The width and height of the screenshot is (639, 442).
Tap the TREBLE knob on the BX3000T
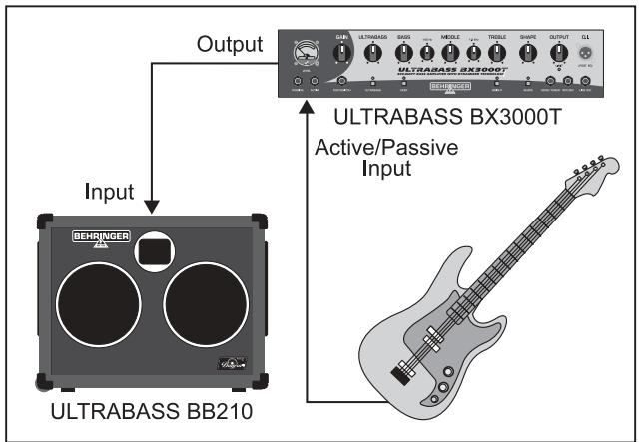pos(496,52)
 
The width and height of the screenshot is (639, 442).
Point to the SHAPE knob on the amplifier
pos(528,52)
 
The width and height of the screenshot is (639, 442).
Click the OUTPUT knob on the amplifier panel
pos(560,52)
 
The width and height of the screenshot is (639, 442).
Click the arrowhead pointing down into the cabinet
pos(148,206)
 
